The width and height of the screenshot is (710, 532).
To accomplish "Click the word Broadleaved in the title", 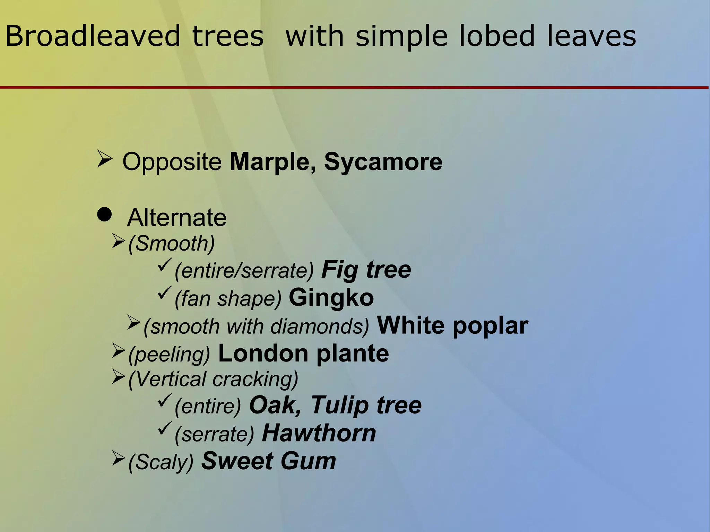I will pos(93,36).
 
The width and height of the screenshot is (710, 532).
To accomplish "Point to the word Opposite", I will pos(172,162).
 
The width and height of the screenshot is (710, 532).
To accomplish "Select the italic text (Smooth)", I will pos(171,244).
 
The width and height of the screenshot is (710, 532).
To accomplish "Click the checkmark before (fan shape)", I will pos(164,294).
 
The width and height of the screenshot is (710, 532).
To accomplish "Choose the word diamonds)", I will pos(320,326).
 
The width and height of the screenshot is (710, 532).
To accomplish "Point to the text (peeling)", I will pos(169,355).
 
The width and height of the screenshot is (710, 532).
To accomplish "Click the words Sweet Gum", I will pos(269,461).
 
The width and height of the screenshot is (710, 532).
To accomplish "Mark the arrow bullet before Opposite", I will pos(104,159).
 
